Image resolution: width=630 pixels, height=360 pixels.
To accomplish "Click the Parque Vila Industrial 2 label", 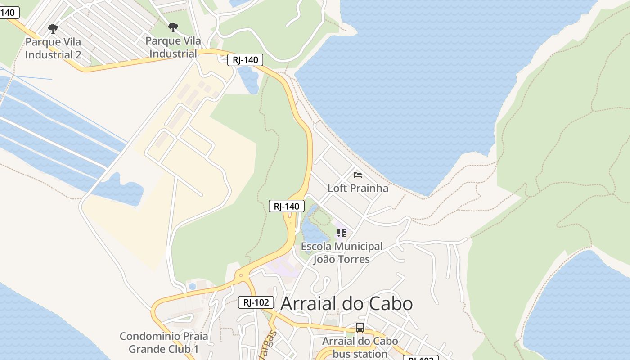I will pyautogui.click(x=53, y=48).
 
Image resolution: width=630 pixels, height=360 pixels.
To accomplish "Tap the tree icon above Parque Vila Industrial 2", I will pyautogui.click(x=53, y=29).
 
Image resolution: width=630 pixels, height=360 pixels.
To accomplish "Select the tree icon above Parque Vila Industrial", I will pyautogui.click(x=173, y=28).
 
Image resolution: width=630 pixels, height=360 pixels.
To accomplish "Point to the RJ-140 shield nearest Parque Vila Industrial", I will pyautogui.click(x=245, y=60).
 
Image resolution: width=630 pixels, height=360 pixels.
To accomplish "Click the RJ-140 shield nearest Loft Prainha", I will pyautogui.click(x=287, y=207).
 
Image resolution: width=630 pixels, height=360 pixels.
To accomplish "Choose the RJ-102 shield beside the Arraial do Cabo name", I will pyautogui.click(x=256, y=302).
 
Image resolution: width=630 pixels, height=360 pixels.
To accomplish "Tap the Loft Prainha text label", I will pyautogui.click(x=358, y=188).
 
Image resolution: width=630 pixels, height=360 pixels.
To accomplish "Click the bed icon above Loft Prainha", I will pyautogui.click(x=358, y=175).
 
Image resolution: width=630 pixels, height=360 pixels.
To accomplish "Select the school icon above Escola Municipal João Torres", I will pyautogui.click(x=342, y=233).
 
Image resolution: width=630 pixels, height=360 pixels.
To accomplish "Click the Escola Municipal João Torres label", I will pyautogui.click(x=342, y=253).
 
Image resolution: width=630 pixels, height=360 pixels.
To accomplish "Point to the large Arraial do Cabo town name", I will pyautogui.click(x=346, y=304).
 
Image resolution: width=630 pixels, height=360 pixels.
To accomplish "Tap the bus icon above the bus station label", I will pyautogui.click(x=360, y=328).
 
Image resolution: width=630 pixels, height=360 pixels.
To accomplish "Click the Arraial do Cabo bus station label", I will pyautogui.click(x=360, y=347).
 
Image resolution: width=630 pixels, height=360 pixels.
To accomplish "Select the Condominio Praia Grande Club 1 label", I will pyautogui.click(x=164, y=342).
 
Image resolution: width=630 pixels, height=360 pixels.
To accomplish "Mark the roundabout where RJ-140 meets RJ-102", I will pyautogui.click(x=241, y=275).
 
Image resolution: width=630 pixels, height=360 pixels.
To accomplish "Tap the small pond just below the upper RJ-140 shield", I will pyautogui.click(x=249, y=80).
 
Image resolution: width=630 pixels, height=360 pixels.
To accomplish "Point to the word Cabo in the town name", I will pyautogui.click(x=391, y=304).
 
